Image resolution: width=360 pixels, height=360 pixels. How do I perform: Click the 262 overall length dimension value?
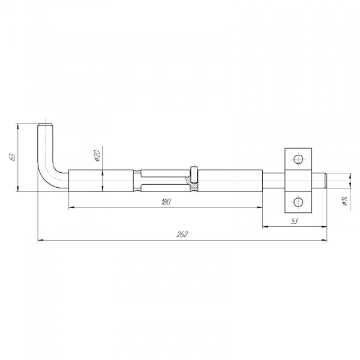[182, 234]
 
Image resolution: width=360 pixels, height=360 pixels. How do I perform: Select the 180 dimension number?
[166, 202]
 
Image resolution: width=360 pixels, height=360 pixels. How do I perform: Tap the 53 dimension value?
[295, 221]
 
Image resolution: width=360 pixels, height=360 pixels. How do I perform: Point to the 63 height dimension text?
[13, 157]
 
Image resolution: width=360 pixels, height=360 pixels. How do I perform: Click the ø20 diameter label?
[97, 155]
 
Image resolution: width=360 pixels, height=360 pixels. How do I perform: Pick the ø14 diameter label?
[344, 201]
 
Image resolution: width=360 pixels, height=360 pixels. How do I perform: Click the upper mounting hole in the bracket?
[298, 159]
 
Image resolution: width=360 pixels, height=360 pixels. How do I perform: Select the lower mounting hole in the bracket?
[298, 202]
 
